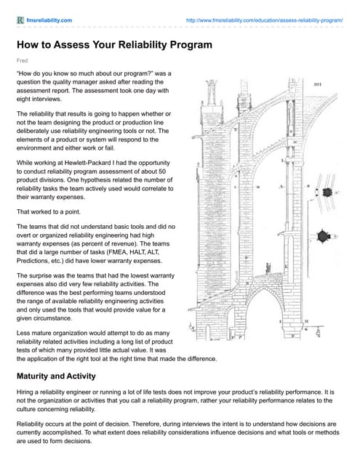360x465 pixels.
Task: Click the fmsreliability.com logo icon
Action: (20, 20)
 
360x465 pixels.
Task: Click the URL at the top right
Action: (264, 20)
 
